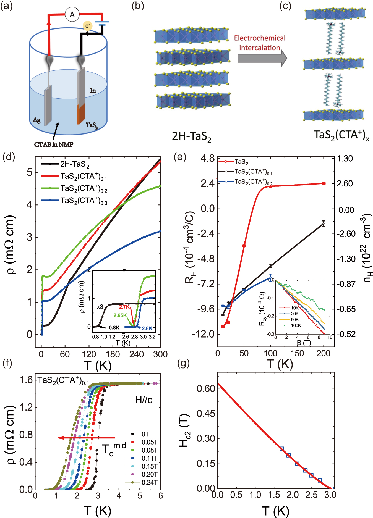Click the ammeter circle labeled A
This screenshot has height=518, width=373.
click(72, 14)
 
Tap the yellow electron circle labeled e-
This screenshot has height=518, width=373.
click(87, 26)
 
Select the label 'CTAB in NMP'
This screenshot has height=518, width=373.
click(54, 144)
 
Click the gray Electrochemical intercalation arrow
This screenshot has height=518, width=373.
click(262, 58)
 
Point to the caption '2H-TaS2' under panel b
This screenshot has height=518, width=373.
click(191, 136)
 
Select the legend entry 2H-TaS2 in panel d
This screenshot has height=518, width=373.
click(75, 164)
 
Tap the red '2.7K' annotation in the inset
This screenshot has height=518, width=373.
click(124, 307)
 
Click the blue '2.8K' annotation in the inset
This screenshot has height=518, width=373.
click(147, 328)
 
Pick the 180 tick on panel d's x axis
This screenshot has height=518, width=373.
click(113, 354)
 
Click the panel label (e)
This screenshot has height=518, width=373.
click(180, 157)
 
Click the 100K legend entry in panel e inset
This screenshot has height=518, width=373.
click(296, 325)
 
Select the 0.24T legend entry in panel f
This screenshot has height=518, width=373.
click(149, 482)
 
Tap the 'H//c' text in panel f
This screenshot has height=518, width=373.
click(144, 399)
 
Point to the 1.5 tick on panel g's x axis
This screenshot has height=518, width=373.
click(274, 495)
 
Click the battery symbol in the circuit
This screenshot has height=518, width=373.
click(102, 23)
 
